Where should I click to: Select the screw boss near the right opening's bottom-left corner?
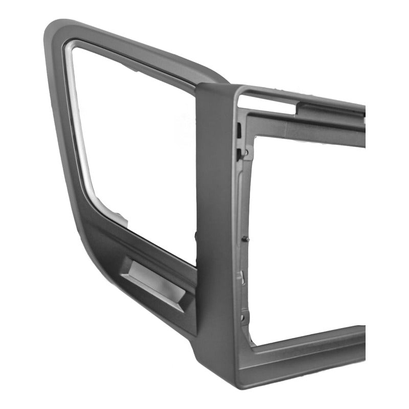click(x=244, y=317)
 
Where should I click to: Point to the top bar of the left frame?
click(x=138, y=51)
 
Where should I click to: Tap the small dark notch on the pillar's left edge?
click(x=196, y=235)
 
